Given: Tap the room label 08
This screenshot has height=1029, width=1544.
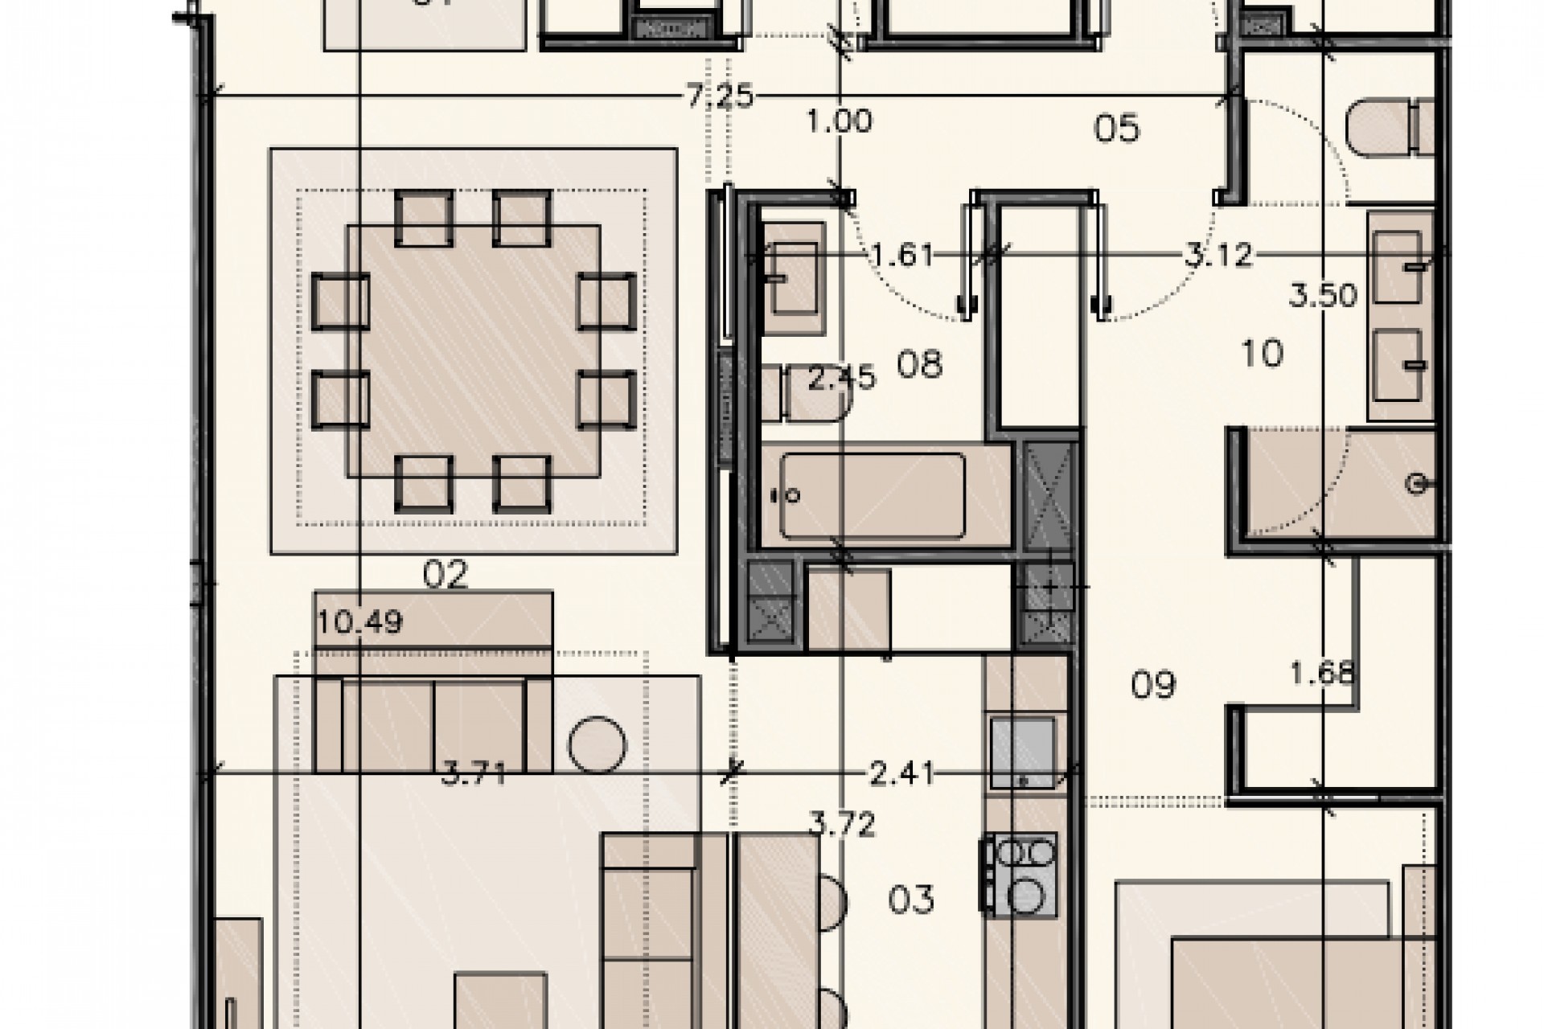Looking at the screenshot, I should coord(919,365).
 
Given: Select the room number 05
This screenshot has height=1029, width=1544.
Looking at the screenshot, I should coord(1117,129).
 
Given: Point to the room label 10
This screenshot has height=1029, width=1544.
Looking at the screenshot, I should coord(1262,353).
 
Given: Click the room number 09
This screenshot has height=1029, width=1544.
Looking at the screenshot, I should coord(1153,684).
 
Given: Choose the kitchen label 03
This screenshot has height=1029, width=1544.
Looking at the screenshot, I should coord(911,900).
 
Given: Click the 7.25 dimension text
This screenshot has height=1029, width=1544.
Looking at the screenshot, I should coord(720,97).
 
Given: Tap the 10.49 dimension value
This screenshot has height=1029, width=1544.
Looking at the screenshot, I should coord(359,621).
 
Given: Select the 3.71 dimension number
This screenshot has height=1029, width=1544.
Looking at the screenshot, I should coord(474,776).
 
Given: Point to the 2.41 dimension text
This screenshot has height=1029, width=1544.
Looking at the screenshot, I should coord(903,774).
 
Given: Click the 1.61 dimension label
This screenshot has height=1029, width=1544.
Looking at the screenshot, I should coord(903,256).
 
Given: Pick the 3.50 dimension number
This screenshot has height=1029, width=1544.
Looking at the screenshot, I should coord(1323,296).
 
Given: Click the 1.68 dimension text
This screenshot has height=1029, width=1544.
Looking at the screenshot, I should coord(1323,672).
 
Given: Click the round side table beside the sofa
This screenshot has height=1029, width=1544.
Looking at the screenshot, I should coord(597,744).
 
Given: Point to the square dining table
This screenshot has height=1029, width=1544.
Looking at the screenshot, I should coord(474,350).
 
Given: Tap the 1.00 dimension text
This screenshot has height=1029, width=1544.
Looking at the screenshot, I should coord(840,122).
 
